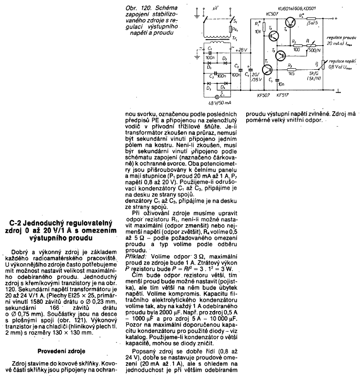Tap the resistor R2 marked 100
(296, 45)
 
